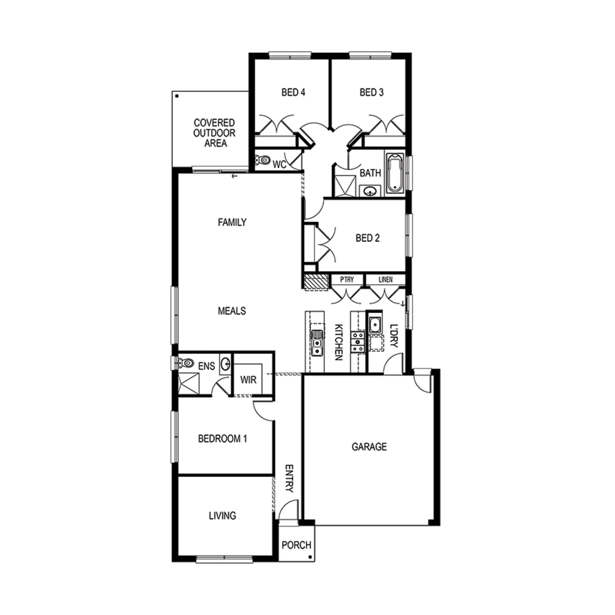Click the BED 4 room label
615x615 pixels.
tap(293, 92)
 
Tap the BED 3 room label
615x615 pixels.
tap(371, 92)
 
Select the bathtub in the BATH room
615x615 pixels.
tap(394, 173)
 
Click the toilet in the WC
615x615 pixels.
tap(263, 160)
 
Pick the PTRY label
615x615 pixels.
tap(347, 280)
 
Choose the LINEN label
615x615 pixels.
tap(385, 280)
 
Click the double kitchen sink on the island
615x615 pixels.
tap(317, 343)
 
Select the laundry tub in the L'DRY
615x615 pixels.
tap(374, 325)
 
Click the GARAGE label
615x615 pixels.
tap(369, 446)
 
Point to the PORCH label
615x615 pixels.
tap(296, 545)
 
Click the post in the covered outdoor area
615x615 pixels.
tap(177, 96)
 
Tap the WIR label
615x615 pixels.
tap(248, 380)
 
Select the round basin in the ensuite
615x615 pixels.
tap(225, 364)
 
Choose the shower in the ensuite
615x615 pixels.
tap(189, 383)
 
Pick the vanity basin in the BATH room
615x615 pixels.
tap(371, 191)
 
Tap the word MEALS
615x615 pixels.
tap(232, 311)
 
